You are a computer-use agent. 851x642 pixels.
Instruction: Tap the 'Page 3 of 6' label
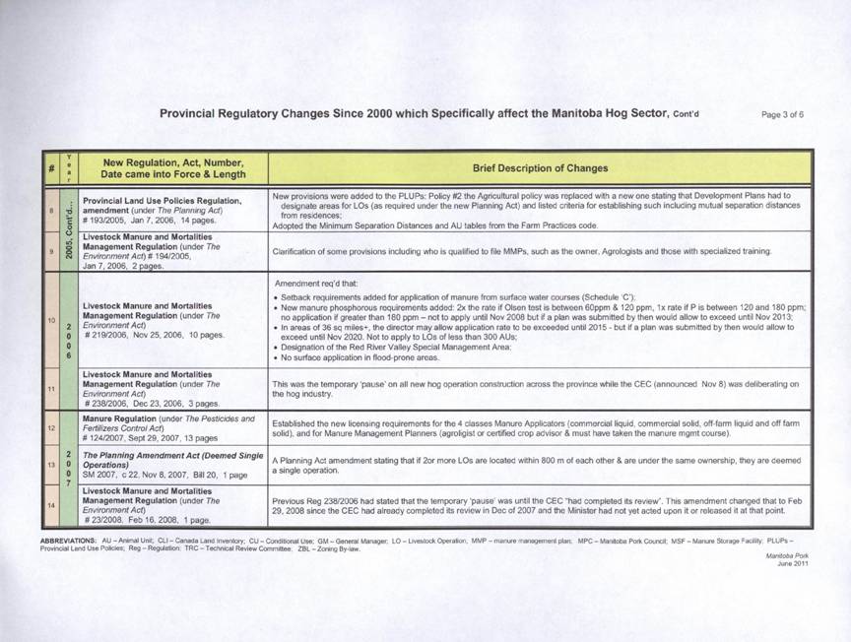783,114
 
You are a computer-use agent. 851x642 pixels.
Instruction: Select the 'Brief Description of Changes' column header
540,168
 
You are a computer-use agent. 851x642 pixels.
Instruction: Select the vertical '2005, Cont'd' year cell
65,225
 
